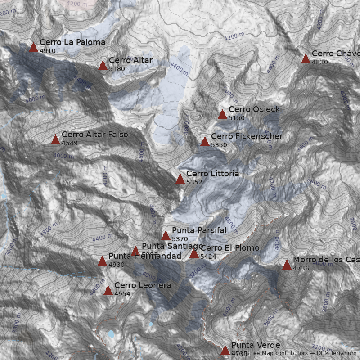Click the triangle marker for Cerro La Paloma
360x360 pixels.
[x=33, y=47]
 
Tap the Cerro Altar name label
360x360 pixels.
[x=130, y=60]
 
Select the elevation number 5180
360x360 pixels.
[x=117, y=69]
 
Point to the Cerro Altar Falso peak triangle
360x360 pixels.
[x=55, y=139]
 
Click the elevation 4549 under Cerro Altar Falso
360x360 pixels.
[x=70, y=143]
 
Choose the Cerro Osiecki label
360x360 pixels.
[x=255, y=109]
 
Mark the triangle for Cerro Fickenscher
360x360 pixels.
[x=205, y=142]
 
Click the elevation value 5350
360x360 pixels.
[x=219, y=145]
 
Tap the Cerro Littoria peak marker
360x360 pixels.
[x=180, y=179]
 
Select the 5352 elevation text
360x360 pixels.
[x=194, y=182]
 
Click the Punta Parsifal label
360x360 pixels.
[x=199, y=230]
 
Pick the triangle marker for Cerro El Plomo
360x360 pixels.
[x=194, y=253]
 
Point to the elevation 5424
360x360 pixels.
[x=208, y=256]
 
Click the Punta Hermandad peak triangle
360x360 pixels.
[x=102, y=261]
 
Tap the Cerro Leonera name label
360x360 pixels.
[x=142, y=285]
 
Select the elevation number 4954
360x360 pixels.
[x=122, y=294]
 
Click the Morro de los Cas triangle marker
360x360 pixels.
[x=287, y=265]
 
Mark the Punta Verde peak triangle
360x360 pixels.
[x=225, y=350]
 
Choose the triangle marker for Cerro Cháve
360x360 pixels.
[x=306, y=58]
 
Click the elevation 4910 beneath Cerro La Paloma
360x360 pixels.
[x=47, y=51]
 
